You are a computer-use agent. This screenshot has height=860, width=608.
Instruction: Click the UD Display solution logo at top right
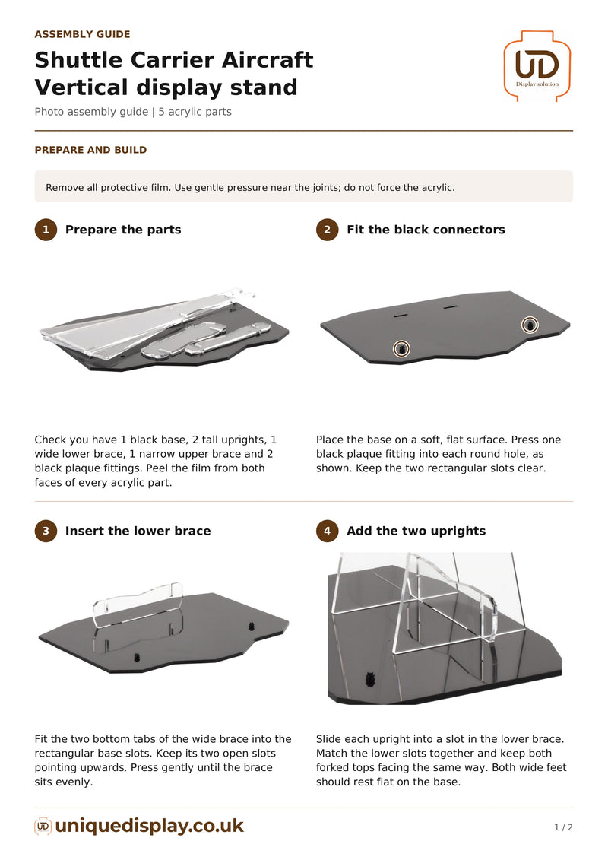537,66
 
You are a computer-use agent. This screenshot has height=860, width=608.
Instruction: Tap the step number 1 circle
46,230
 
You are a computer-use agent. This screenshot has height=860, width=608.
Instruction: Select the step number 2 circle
328,230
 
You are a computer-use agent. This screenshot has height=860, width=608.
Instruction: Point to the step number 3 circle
46,531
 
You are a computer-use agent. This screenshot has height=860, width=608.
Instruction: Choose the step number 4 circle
328,531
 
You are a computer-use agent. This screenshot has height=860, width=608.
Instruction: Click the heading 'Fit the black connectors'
426,230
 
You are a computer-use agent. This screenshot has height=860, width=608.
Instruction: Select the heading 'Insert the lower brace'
138,531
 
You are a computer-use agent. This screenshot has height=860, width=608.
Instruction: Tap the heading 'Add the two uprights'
416,531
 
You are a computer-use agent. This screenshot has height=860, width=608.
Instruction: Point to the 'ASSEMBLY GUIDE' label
82,34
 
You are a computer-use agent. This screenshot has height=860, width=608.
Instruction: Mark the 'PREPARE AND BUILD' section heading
90,150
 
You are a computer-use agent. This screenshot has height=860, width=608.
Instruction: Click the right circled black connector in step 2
530,325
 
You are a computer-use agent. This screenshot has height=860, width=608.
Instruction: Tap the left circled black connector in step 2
401,348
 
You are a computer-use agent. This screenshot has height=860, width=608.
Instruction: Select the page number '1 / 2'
563,827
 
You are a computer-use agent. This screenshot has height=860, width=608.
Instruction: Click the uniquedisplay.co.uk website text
149,826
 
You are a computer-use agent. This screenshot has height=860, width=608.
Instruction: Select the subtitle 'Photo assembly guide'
91,112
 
